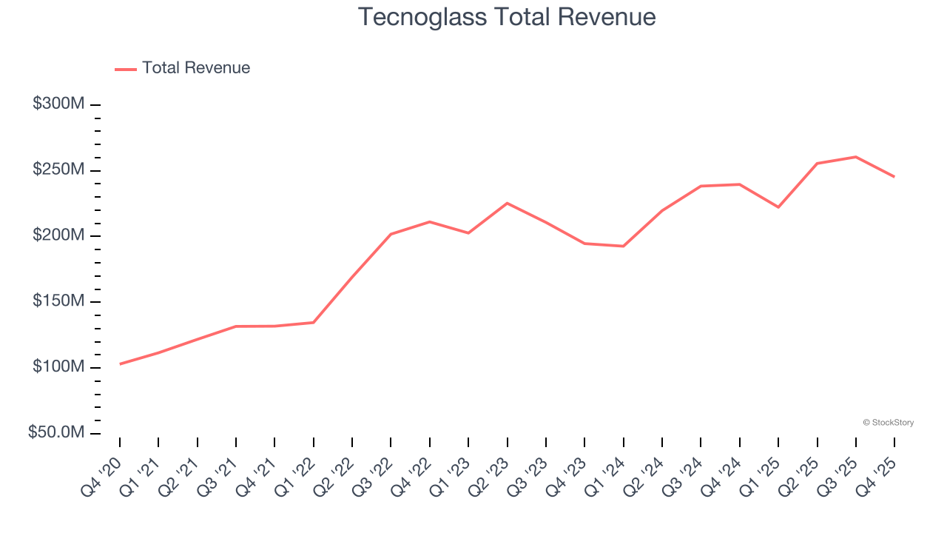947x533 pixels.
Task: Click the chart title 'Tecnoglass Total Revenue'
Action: [507, 17]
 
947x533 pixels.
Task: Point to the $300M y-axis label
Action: [58, 104]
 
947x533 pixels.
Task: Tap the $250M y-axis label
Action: [58, 170]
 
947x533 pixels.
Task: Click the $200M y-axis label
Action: [58, 235]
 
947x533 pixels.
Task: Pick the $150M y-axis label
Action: [58, 301]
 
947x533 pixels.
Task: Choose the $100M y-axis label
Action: [58, 367]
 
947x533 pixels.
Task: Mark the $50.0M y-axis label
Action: [56, 432]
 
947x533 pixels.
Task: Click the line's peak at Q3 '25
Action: [856, 157]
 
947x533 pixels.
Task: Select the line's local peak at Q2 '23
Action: [507, 203]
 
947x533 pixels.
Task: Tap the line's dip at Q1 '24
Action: [624, 246]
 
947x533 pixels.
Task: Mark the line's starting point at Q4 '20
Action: [120, 363]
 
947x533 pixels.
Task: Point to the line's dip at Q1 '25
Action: [778, 207]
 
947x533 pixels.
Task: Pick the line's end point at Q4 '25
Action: [894, 176]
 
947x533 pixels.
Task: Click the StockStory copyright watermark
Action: [888, 423]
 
